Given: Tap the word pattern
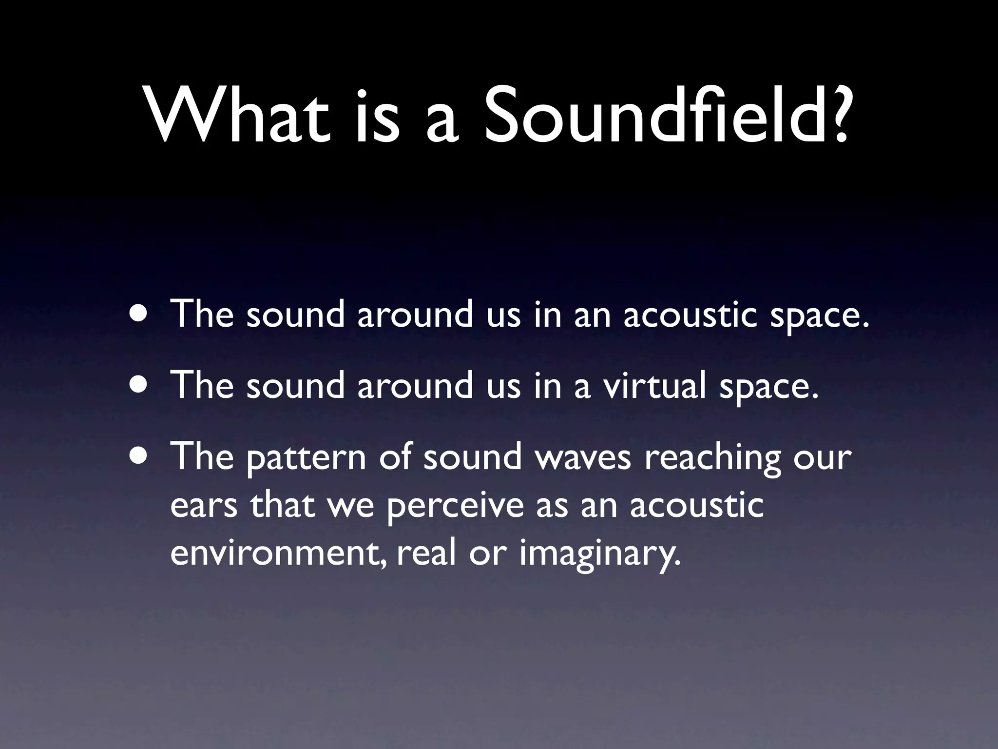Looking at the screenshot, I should tap(306, 459).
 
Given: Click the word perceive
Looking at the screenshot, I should tap(455, 507).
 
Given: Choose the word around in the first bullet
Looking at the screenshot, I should tap(415, 314).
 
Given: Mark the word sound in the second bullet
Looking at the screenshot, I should tap(295, 385).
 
